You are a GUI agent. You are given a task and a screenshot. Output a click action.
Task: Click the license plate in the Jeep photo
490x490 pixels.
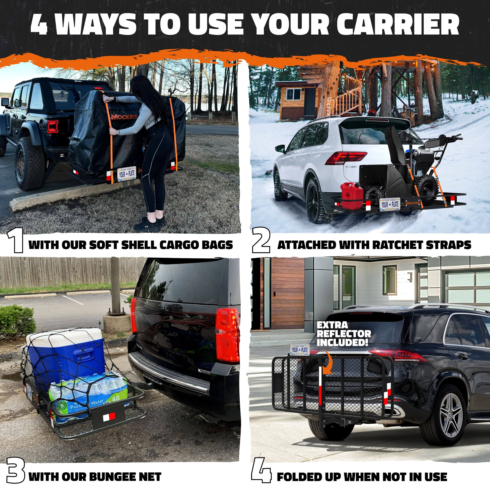(127, 174)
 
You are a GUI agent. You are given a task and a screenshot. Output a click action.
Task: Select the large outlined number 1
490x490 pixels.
(15, 240)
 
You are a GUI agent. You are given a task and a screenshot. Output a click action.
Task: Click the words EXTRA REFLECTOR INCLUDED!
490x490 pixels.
(344, 334)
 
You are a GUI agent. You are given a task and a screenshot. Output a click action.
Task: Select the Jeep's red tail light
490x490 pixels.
(53, 127)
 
